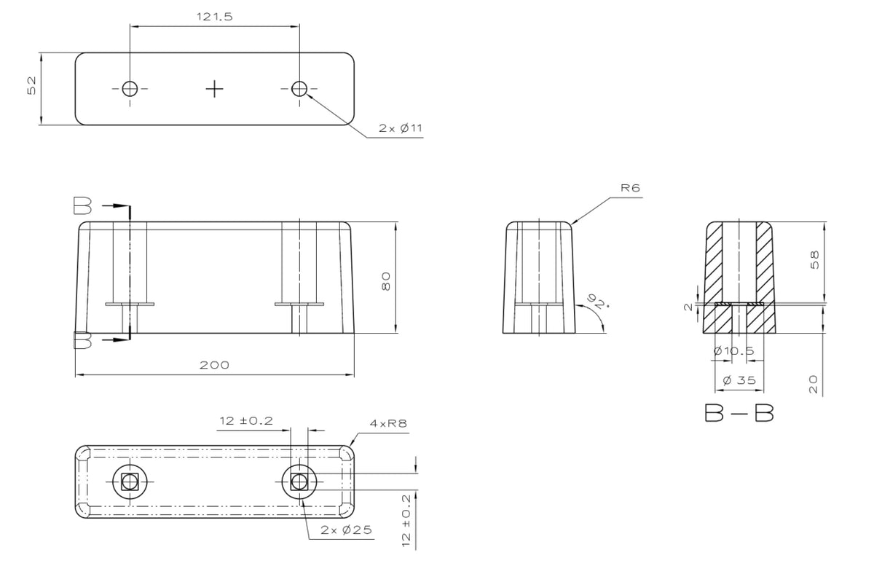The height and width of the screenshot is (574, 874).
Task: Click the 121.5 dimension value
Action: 214,17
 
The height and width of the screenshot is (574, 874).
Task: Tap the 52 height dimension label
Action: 31,85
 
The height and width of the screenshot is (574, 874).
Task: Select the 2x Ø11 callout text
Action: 401,128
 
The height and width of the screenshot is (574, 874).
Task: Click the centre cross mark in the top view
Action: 214,89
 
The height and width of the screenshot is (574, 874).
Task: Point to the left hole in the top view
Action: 130,89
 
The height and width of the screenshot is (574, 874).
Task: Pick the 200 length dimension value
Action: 214,365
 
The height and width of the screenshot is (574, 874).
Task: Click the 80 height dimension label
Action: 385,281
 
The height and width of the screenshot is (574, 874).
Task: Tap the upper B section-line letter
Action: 83,205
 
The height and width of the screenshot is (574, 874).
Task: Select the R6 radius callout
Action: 631,188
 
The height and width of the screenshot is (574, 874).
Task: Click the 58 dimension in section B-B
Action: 815,260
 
